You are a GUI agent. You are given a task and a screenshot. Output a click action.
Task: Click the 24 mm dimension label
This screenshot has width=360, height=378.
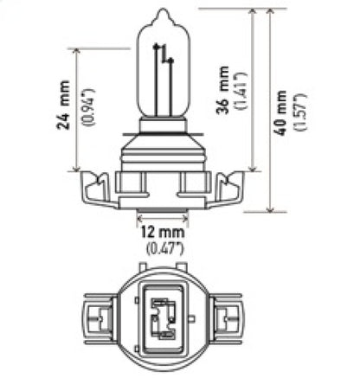63,111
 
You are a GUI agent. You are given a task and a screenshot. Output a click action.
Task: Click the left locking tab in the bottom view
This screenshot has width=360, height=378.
94,317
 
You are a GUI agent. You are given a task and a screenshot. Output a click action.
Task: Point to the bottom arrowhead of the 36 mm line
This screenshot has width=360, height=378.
252,169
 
